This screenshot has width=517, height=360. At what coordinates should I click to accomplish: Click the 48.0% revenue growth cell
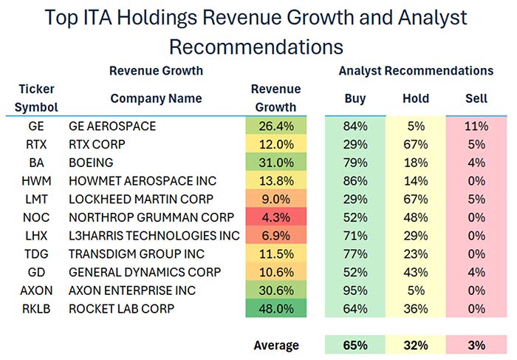tap(275, 308)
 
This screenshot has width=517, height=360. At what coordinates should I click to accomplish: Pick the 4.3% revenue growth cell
tap(275, 217)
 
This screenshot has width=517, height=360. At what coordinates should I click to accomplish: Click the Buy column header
tap(355, 98)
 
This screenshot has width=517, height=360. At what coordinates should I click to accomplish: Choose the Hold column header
tap(416, 98)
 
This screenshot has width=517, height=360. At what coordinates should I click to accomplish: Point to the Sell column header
tap(476, 98)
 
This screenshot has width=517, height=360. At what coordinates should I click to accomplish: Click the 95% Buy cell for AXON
tap(355, 290)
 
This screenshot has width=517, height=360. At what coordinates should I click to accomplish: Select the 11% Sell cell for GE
tap(476, 126)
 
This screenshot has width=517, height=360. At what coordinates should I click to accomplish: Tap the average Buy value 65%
tap(355, 345)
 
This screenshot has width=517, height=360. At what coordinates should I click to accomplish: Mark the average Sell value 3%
tap(476, 345)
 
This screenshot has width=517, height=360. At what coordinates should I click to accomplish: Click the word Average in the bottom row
tap(275, 345)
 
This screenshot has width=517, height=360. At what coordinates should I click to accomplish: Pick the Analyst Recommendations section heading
tap(416, 71)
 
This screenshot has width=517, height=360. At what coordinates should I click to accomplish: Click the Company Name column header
tap(156, 98)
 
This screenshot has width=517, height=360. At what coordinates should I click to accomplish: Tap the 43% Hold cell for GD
tap(416, 271)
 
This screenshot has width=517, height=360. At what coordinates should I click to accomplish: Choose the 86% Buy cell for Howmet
tap(355, 181)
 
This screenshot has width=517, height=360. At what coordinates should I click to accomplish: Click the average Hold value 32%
tap(416, 345)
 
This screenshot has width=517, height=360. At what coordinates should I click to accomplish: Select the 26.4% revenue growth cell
tap(275, 126)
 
